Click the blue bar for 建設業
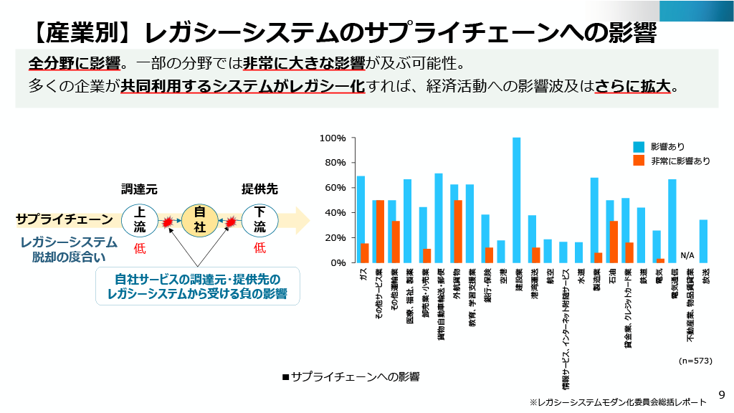pyautogui.click(x=516, y=200)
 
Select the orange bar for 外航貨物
pyautogui.click(x=457, y=232)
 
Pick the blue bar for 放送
pyautogui.click(x=703, y=241)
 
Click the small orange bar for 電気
pyautogui.click(x=660, y=260)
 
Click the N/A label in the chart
pyautogui.click(x=687, y=255)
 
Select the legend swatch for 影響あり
pyautogui.click(x=639, y=146)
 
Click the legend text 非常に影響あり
pyautogui.click(x=680, y=161)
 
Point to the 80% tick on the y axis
pyautogui.click(x=335, y=163)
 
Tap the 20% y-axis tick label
pyautogui.click(x=335, y=238)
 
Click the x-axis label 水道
pyautogui.click(x=580, y=276)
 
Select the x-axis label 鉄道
pyautogui.click(x=642, y=276)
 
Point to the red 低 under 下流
pyautogui.click(x=259, y=248)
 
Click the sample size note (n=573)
pyautogui.click(x=695, y=361)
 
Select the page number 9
pyautogui.click(x=721, y=394)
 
